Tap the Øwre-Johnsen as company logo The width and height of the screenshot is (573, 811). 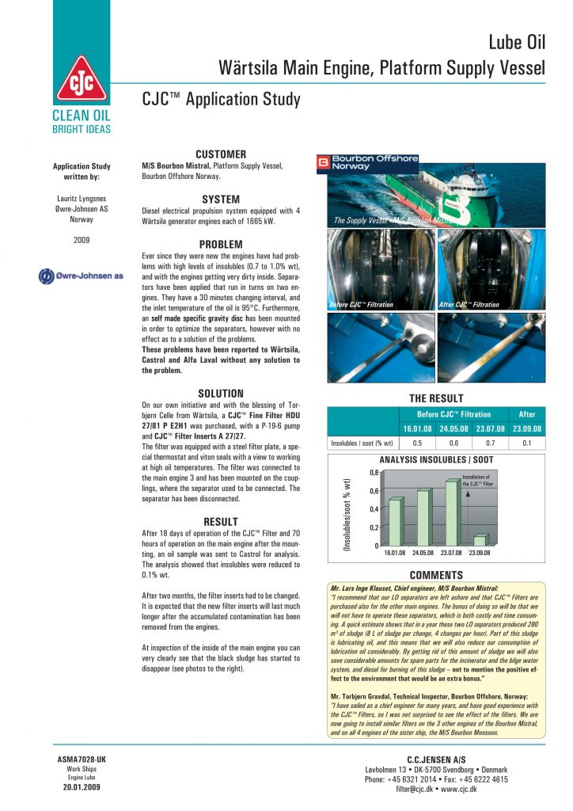coord(82,276)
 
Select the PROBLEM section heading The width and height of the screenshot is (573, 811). coord(221,244)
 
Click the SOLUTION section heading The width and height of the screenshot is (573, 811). coord(221,393)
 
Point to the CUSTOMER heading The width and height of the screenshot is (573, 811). coord(221,154)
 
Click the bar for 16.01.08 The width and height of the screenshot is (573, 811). coord(396,522)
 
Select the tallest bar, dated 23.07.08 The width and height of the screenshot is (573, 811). coord(452,513)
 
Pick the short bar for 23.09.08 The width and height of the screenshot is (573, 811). coord(480,540)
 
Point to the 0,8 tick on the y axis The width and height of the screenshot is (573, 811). coord(373,473)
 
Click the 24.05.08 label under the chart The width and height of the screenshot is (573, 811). coord(424,554)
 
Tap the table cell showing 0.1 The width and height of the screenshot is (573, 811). coord(527,443)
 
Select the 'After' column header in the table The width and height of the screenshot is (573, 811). coord(527,414)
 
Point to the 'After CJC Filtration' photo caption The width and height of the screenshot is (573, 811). coord(469,304)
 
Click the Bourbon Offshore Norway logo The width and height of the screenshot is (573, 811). coord(367,162)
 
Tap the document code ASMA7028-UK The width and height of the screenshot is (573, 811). coord(82,760)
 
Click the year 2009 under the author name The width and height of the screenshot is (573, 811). coord(82,238)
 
